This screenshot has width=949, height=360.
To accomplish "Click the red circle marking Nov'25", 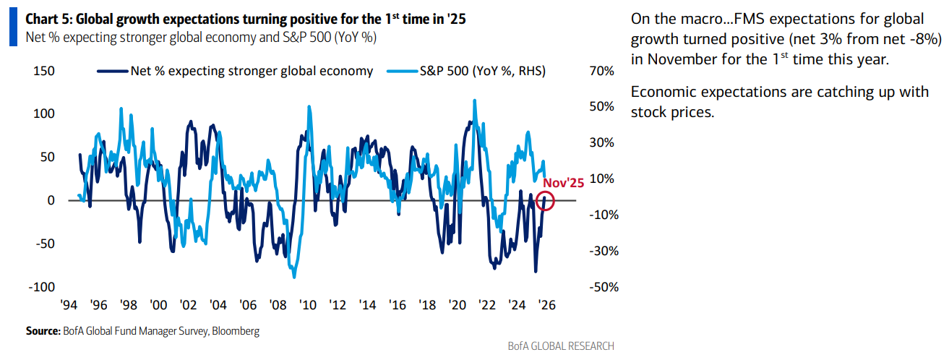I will point(546,202).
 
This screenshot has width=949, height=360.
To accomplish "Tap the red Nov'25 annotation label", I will point(563,184).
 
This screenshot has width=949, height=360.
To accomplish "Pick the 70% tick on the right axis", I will point(601,71).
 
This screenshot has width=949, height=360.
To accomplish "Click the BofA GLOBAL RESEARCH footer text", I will point(561,346).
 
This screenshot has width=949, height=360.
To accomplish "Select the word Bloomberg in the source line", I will point(235,331).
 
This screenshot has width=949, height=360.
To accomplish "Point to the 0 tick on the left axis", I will point(51,200).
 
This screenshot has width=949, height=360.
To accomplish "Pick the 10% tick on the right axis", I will point(601,179).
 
